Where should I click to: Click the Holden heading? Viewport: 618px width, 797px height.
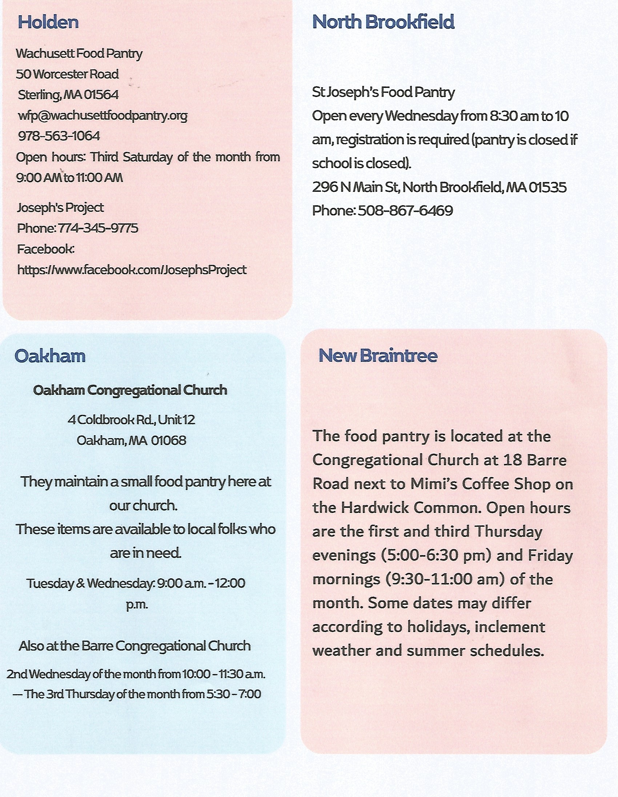coord(48,22)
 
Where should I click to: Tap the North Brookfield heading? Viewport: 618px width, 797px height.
coord(383,22)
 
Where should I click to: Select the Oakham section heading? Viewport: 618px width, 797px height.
coord(50,356)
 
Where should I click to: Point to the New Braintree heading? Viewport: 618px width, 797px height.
coord(378,355)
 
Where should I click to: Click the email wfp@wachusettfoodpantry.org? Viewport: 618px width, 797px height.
coord(103,116)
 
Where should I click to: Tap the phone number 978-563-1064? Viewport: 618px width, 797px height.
coord(59,136)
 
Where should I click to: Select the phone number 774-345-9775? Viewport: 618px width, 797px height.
coord(98,228)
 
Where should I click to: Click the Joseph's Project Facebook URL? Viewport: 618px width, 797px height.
coord(132,270)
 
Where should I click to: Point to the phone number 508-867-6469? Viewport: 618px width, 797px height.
coord(405,211)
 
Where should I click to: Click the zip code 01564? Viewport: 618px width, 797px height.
coord(101,95)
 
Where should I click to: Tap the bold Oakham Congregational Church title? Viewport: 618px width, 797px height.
coord(130,391)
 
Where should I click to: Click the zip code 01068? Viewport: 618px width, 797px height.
coord(168,441)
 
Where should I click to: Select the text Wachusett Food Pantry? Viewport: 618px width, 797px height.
coord(79,54)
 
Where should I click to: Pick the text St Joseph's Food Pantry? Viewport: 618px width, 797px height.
coord(383,92)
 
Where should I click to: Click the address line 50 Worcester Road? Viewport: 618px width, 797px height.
coord(67,74)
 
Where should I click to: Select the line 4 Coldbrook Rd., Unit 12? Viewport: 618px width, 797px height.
coord(131,420)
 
